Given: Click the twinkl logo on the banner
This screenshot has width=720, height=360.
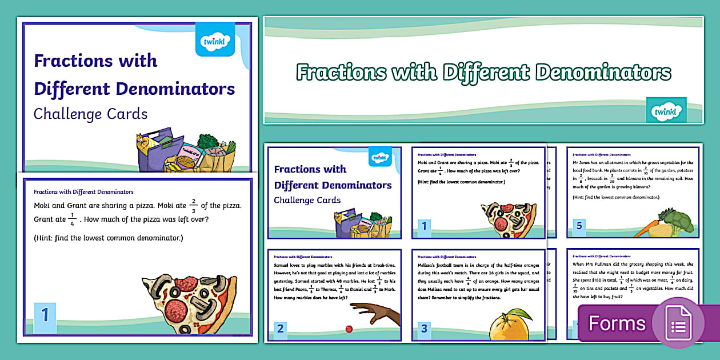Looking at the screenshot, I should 666,109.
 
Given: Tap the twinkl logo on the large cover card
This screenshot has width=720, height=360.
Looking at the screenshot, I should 215,41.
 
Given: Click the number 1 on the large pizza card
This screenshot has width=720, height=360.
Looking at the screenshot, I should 45,317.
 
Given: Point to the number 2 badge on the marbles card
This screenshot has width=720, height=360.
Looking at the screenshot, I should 280,328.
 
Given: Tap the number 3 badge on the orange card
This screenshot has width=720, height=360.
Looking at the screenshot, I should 423,328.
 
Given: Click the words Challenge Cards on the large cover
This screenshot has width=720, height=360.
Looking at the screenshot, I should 90,114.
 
